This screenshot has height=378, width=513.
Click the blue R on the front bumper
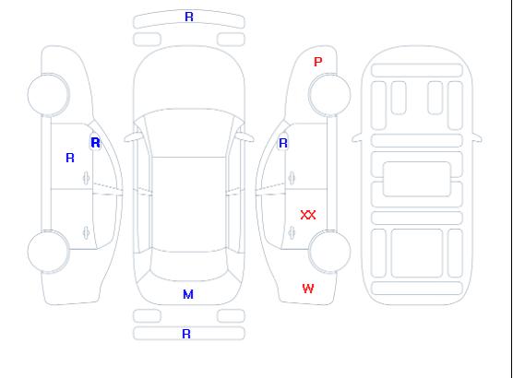189,17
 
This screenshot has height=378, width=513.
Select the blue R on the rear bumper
186,334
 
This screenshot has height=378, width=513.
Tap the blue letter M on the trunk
188,295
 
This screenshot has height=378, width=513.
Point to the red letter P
317,62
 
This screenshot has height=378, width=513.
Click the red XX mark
308,215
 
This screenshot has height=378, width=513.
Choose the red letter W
308,289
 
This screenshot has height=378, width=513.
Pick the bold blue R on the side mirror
95,143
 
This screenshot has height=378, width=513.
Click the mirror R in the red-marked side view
283,143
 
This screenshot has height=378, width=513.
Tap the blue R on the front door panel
70,158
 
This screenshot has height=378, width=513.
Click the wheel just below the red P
329,95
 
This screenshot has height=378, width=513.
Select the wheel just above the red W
329,251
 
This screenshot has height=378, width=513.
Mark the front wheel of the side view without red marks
48,95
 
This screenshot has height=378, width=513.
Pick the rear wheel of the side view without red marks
48,251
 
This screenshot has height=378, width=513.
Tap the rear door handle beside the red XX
292,232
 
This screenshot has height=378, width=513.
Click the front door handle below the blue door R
86,178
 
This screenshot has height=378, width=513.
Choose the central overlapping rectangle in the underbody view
417,179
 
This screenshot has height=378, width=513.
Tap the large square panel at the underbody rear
417,254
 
